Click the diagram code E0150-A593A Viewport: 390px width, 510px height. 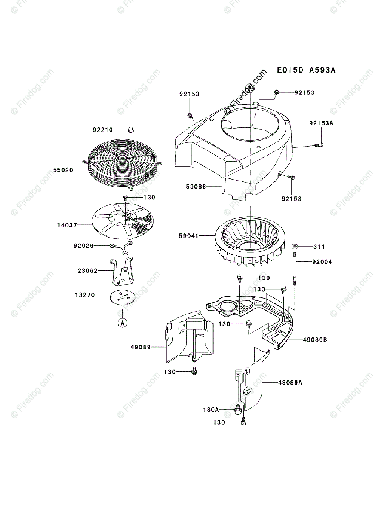[x=305, y=70]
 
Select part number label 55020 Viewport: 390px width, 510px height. [x=63, y=170]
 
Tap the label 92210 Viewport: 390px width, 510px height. [x=102, y=130]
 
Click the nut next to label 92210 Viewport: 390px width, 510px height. [x=131, y=130]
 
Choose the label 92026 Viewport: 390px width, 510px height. [x=83, y=246]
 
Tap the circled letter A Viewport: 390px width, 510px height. [x=122, y=323]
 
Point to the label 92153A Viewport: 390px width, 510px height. [x=322, y=123]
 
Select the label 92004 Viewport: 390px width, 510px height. [x=322, y=262]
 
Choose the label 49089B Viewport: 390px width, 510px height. [x=315, y=340]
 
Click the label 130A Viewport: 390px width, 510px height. [x=211, y=410]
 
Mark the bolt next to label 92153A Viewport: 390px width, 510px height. [x=319, y=145]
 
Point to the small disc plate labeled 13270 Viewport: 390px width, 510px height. [x=122, y=297]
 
